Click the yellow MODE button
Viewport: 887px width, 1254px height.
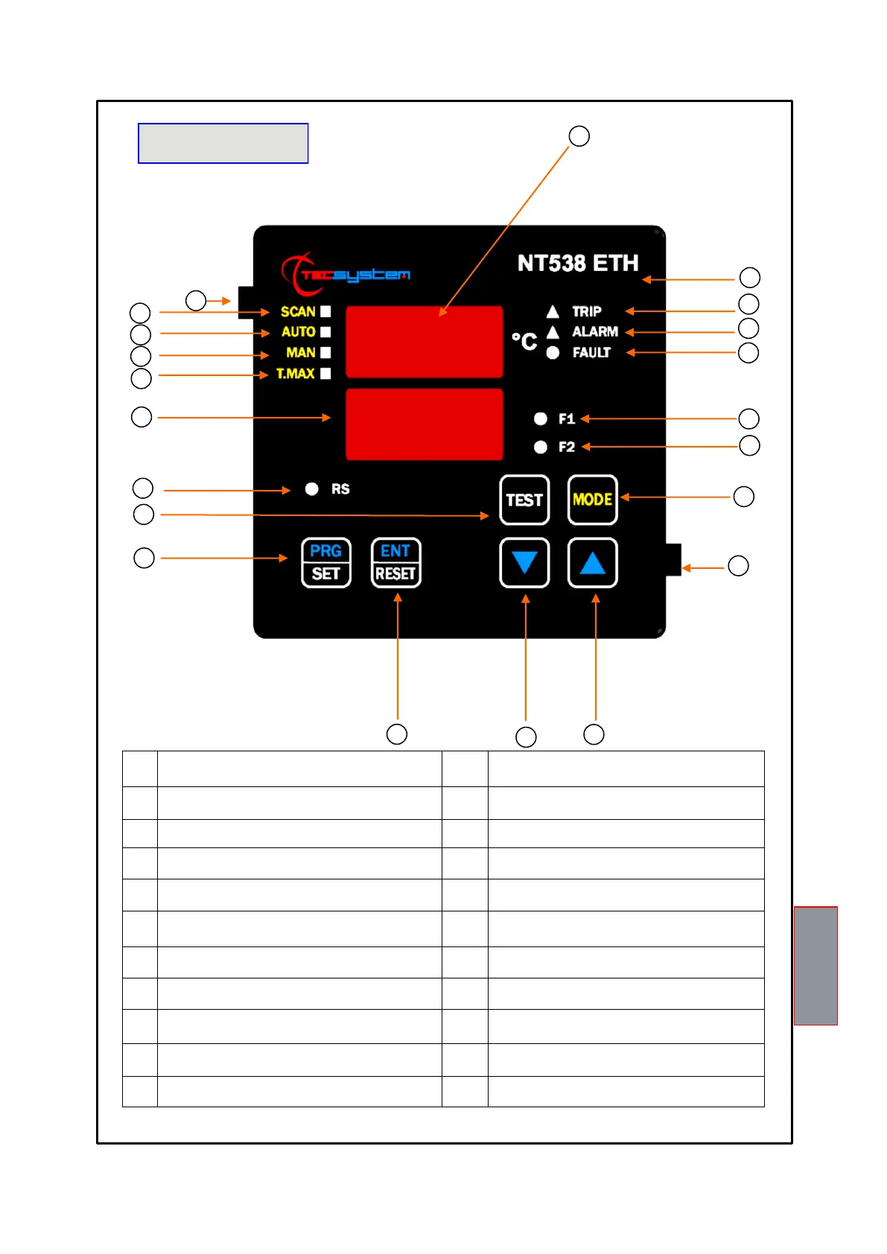tap(592, 500)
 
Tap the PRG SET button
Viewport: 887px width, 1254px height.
tap(325, 563)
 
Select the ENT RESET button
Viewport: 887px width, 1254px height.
tap(395, 563)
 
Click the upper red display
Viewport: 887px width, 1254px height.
tap(424, 341)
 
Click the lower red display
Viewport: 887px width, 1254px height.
tap(424, 424)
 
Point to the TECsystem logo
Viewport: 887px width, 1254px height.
tap(346, 274)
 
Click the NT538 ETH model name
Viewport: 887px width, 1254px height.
tap(578, 263)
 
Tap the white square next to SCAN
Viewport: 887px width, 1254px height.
tap(325, 311)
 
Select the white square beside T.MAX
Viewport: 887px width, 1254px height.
tap(325, 373)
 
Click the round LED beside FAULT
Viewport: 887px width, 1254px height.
tap(553, 353)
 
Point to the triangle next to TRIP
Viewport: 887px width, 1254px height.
tap(553, 311)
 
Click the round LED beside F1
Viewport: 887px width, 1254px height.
tap(541, 418)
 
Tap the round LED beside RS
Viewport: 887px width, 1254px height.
tap(312, 488)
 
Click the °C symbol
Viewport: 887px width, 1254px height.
tap(524, 341)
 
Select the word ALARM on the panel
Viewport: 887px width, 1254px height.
tap(595, 331)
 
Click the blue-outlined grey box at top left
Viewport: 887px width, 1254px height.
tap(223, 143)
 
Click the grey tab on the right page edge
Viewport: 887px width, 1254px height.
tap(816, 965)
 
